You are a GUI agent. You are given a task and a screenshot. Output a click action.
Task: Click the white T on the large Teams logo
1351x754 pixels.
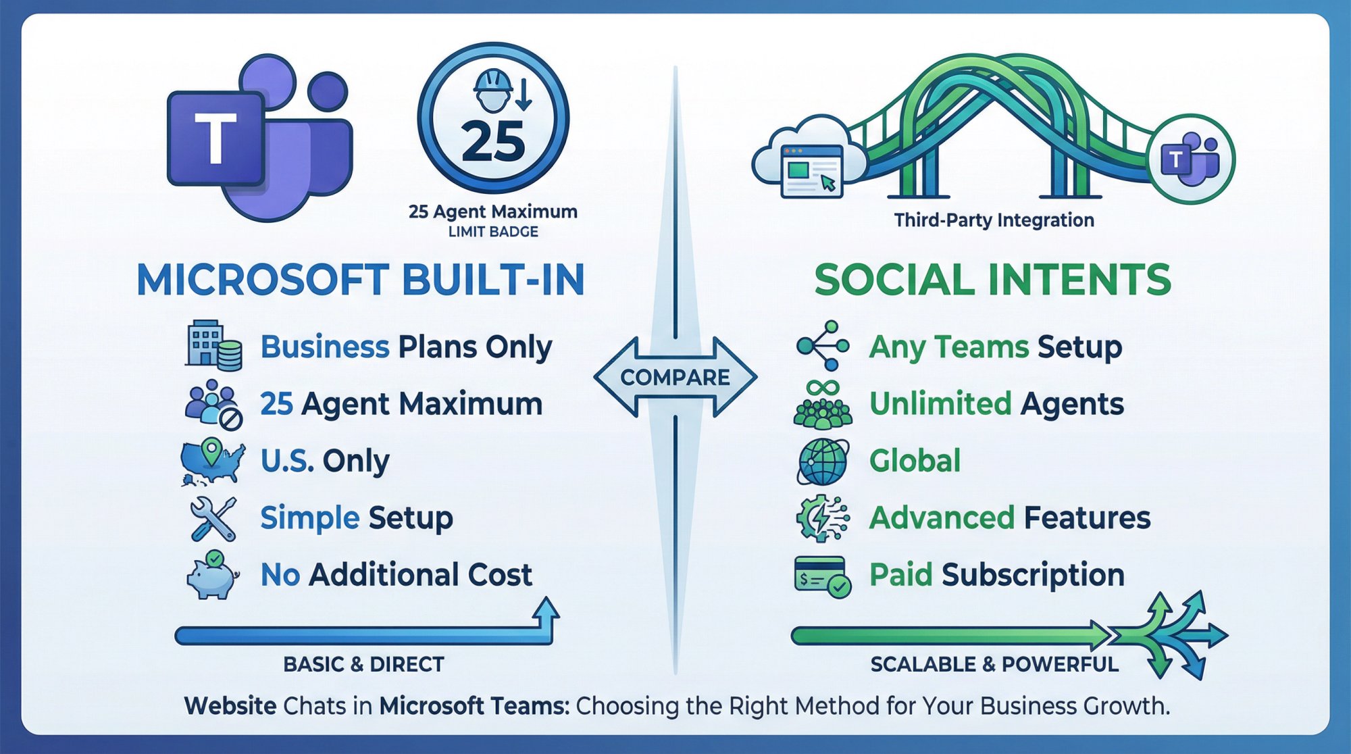(x=215, y=139)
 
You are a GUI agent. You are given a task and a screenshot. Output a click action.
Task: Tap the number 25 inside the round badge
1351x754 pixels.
(x=493, y=143)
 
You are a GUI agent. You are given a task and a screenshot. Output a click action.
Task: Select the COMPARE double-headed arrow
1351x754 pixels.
(x=675, y=377)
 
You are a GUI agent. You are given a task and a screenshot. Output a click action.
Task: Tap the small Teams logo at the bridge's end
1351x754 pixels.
(x=1190, y=160)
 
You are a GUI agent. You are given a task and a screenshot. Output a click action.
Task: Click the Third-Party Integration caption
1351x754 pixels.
(x=994, y=220)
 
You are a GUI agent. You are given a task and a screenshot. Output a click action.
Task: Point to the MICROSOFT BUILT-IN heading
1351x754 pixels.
(x=361, y=280)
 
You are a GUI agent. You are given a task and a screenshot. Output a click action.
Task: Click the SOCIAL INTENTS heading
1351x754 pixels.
(x=992, y=280)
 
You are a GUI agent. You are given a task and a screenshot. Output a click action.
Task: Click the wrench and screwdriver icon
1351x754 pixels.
(x=213, y=519)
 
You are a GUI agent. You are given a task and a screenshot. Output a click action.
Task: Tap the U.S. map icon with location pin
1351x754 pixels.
(x=212, y=461)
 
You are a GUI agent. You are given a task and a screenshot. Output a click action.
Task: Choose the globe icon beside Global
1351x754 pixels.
(x=823, y=462)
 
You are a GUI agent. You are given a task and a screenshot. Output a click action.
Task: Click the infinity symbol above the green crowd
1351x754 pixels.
(x=822, y=387)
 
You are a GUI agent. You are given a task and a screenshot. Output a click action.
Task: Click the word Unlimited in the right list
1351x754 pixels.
(x=940, y=404)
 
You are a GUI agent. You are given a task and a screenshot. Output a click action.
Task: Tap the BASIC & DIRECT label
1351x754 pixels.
(x=363, y=664)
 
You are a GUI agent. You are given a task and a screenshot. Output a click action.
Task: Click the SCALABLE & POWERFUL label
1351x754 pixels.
(x=994, y=664)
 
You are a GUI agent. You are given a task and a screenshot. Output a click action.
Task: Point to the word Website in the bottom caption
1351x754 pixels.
(x=230, y=706)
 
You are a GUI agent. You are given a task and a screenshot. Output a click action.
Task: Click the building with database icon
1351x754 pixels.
(x=213, y=345)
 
